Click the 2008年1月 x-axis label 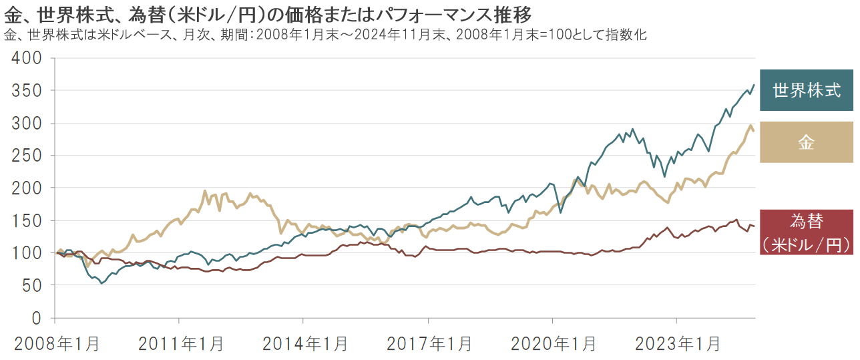(x=56, y=344)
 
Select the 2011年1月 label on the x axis (x=182, y=344)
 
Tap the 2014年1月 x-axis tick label (x=305, y=344)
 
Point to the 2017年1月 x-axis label (x=429, y=344)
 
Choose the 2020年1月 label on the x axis (x=554, y=344)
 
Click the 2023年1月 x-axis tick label (x=678, y=344)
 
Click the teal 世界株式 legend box (x=807, y=90)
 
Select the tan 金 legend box (x=807, y=142)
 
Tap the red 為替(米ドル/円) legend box (x=807, y=232)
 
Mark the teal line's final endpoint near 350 (x=754, y=85)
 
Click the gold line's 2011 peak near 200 (x=205, y=191)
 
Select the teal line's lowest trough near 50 (x=101, y=283)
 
